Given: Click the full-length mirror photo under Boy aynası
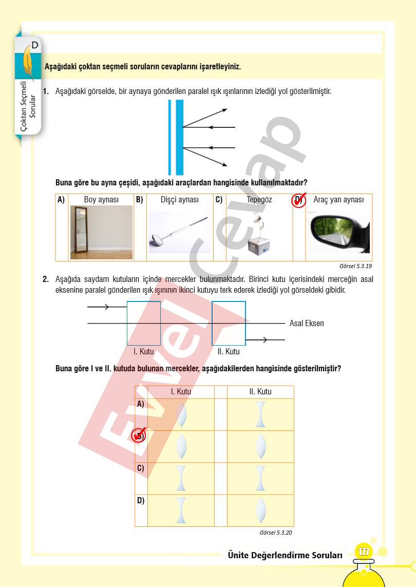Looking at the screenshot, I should pyautogui.click(x=101, y=232).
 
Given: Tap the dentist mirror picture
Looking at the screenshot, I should pyautogui.click(x=179, y=233).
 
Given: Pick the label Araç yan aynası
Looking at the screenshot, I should pyautogui.click(x=338, y=200).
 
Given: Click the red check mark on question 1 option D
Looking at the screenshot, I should pyautogui.click(x=299, y=200).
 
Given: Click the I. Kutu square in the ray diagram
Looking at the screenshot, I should pyautogui.click(x=143, y=323).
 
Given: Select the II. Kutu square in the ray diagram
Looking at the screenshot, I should pyautogui.click(x=229, y=323).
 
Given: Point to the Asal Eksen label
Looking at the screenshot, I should pyautogui.click(x=307, y=324).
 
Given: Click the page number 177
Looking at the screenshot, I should pyautogui.click(x=364, y=552).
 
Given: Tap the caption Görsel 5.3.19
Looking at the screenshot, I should pyautogui.click(x=355, y=267).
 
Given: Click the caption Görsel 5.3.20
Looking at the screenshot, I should pyautogui.click(x=276, y=533).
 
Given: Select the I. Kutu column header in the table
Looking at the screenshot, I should pyautogui.click(x=181, y=392).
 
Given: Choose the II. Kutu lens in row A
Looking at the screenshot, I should pyautogui.click(x=261, y=414).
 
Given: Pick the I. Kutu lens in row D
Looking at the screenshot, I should pyautogui.click(x=181, y=510).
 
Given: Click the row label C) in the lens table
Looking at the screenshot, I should pyautogui.click(x=140, y=468).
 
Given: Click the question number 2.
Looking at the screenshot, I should pyautogui.click(x=46, y=279).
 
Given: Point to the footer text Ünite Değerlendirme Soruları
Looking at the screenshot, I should pyautogui.click(x=285, y=555).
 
